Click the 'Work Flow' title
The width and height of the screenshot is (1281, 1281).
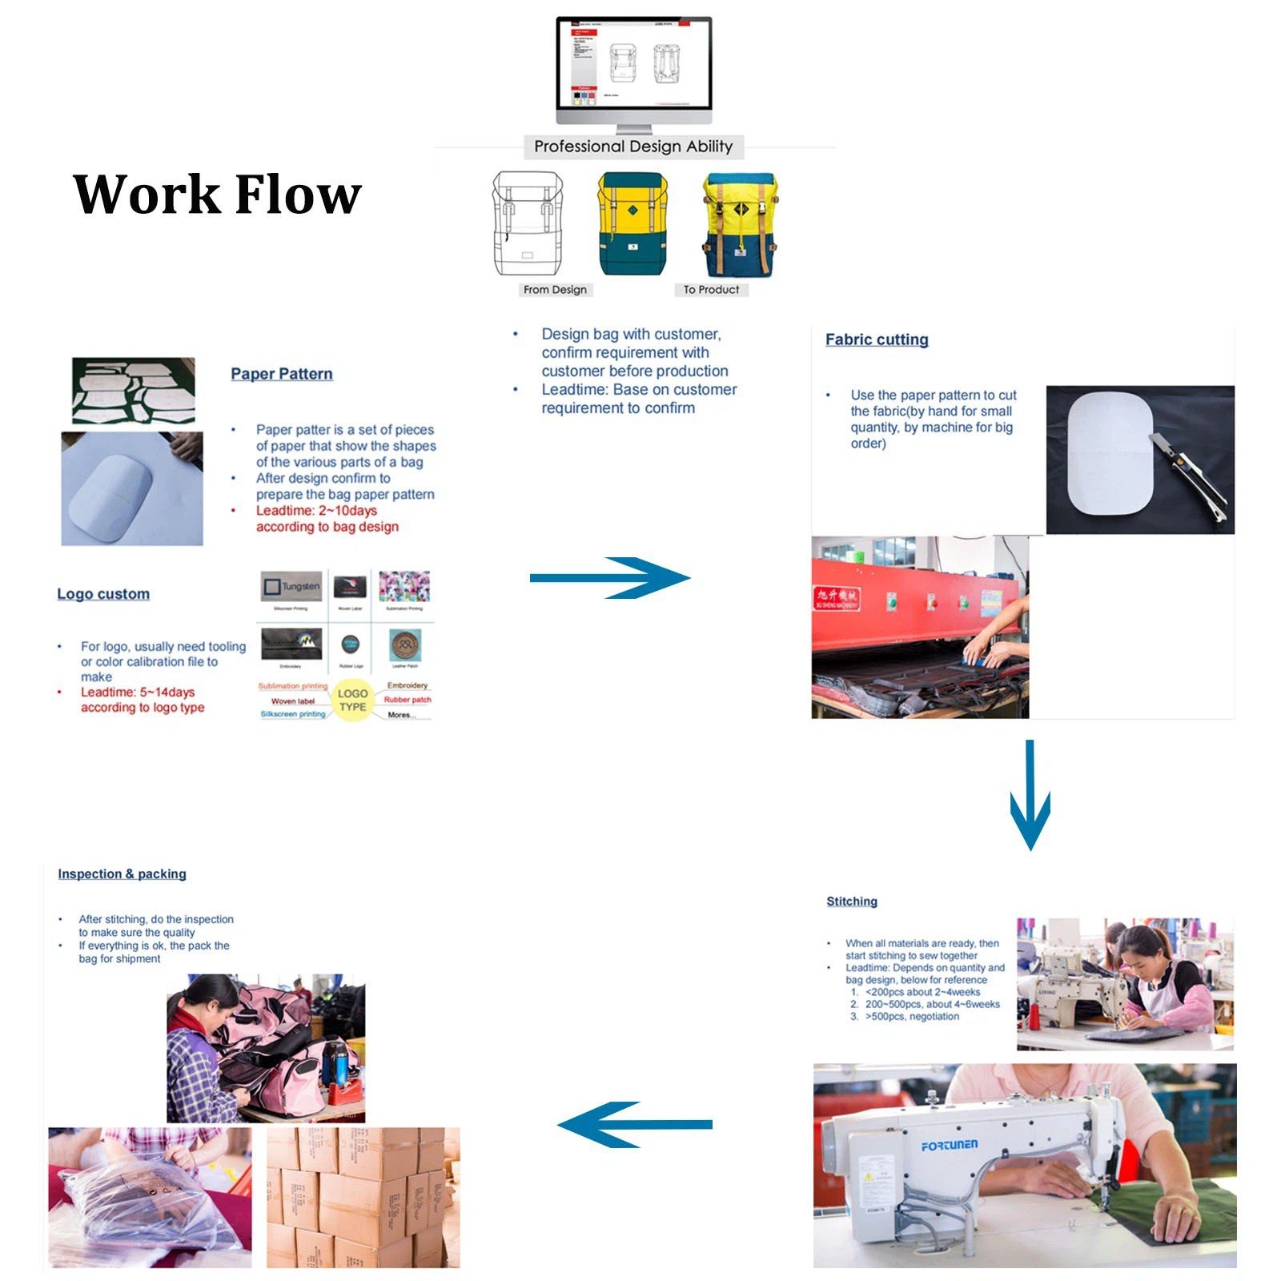[x=217, y=195]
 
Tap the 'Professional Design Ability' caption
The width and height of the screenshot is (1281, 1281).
[x=632, y=147]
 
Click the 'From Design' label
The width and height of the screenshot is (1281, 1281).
[x=555, y=290]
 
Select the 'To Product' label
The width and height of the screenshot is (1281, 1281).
[x=711, y=290]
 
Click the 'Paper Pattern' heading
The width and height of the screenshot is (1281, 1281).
[x=281, y=374]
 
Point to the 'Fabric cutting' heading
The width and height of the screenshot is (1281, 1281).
[x=877, y=339]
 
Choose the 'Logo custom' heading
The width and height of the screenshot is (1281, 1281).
[x=103, y=594]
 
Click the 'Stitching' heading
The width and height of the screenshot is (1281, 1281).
[x=851, y=902]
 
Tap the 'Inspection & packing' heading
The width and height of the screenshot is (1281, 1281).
[x=122, y=874]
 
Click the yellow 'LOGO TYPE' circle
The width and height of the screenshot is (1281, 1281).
[x=352, y=701]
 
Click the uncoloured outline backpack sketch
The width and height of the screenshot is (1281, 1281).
[x=528, y=225]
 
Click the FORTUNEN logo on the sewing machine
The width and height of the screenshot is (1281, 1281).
[x=949, y=1146]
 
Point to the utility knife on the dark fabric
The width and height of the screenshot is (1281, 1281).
[x=1190, y=476]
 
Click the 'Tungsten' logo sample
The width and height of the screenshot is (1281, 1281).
[x=291, y=587]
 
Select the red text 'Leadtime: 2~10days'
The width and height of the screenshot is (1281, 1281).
[x=316, y=511]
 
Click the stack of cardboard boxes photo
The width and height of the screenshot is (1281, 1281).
[x=363, y=1198]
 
